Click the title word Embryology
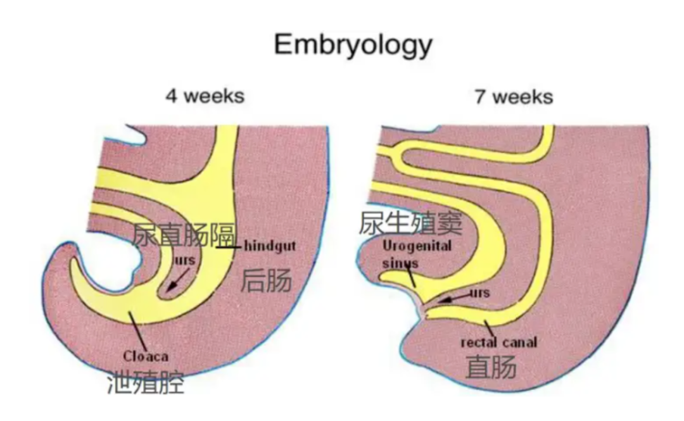click(x=353, y=45)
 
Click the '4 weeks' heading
click(x=205, y=96)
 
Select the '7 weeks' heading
click(x=513, y=97)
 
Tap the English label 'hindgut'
click(x=270, y=246)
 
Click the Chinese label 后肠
click(x=266, y=280)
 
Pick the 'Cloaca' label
click(x=146, y=356)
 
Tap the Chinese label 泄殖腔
click(x=145, y=382)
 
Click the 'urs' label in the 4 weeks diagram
click(x=185, y=260)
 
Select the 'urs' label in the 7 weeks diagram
click(x=479, y=293)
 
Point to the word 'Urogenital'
click(x=417, y=246)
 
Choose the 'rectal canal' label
click(x=498, y=342)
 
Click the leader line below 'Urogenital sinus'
click(x=411, y=277)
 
